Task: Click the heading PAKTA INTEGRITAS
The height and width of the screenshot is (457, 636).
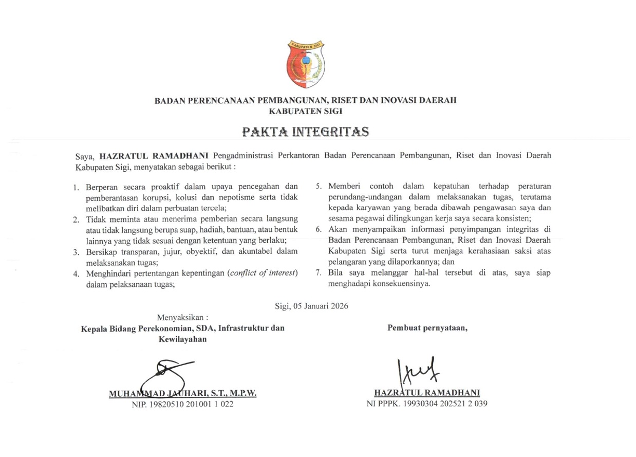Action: pyautogui.click(x=306, y=132)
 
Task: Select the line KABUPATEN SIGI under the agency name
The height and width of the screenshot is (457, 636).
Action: pyautogui.click(x=306, y=111)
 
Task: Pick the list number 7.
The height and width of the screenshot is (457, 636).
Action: pyautogui.click(x=319, y=273)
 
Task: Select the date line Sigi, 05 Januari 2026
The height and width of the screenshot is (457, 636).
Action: pyautogui.click(x=312, y=306)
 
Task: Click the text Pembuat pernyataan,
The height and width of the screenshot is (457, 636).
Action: pyautogui.click(x=427, y=327)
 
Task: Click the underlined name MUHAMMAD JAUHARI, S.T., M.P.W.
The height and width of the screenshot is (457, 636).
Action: pyautogui.click(x=182, y=394)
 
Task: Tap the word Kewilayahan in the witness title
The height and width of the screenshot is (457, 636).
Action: pyautogui.click(x=183, y=339)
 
